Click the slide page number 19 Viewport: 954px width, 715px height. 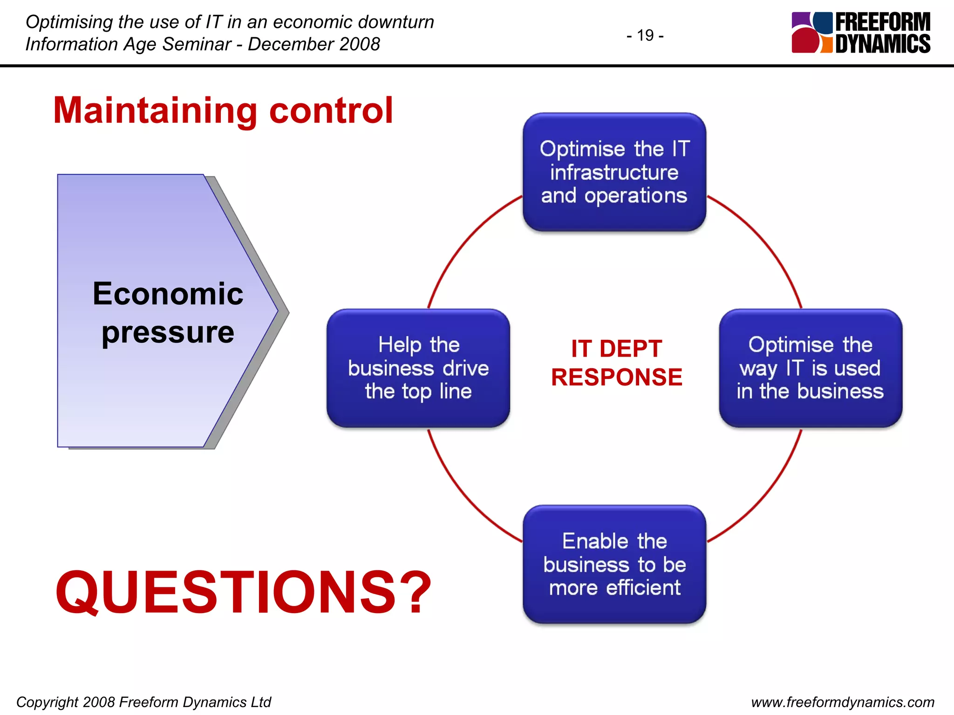coord(645,35)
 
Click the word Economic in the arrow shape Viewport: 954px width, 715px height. coord(168,294)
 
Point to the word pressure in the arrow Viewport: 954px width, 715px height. coord(168,332)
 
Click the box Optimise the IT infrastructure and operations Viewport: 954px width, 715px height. coord(614,172)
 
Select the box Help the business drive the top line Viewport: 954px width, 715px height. coord(418,368)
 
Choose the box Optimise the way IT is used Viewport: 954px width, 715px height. coord(810,368)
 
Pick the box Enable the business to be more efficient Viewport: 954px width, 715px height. coord(614,564)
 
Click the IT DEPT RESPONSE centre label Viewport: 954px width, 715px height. coord(616,363)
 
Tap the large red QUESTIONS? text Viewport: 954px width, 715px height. coord(243,593)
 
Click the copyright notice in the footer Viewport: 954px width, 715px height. coord(143,702)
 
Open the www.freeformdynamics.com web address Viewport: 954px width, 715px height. coord(842,702)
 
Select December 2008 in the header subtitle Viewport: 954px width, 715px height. coord(313,44)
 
